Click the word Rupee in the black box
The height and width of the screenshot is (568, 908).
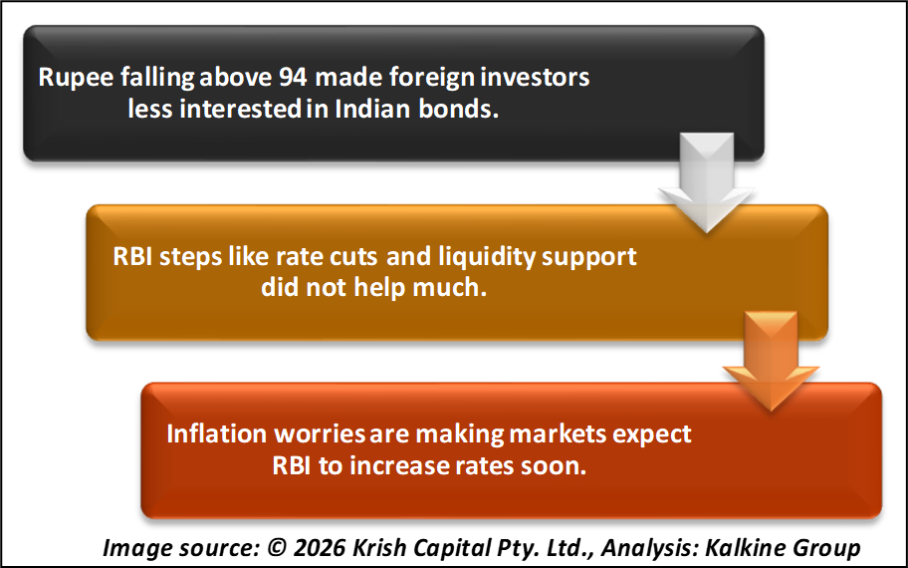pyautogui.click(x=76, y=78)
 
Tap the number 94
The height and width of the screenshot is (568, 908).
pyautogui.click(x=293, y=77)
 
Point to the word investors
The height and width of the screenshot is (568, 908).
pyautogui.click(x=535, y=77)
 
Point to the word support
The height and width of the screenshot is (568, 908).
pyautogui.click(x=589, y=258)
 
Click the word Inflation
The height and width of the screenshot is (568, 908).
pyautogui.click(x=217, y=434)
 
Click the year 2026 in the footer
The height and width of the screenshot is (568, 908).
pyautogui.click(x=320, y=548)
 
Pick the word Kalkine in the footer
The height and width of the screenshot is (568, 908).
pyautogui.click(x=745, y=548)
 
